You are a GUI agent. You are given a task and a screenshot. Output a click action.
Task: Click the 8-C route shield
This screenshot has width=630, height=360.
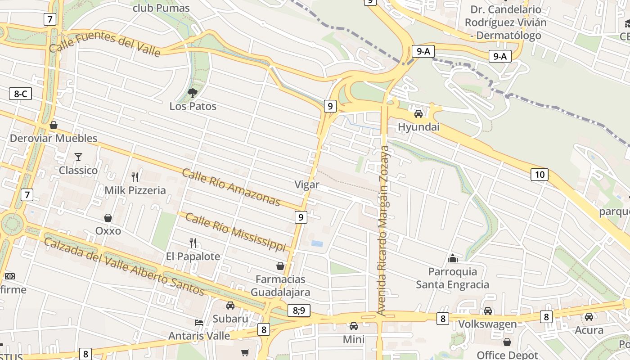20,94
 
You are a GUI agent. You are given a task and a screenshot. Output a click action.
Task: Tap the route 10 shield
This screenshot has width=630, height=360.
540,174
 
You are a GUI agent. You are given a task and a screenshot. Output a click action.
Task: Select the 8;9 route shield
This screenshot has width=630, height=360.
299,310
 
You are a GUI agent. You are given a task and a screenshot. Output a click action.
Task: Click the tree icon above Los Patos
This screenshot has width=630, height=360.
193,93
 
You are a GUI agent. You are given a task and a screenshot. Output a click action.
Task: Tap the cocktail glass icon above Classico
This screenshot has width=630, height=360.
78,157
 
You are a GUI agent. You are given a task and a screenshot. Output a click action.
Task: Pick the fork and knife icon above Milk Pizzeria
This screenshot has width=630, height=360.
135,177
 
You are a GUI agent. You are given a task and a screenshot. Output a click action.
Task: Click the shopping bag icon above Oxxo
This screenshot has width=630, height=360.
108,218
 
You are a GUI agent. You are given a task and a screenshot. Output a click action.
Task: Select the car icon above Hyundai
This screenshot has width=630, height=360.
418,113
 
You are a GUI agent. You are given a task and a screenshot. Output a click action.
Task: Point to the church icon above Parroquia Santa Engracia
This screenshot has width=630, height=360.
453,258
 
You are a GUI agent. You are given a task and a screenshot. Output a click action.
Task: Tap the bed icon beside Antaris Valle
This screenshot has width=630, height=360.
199,322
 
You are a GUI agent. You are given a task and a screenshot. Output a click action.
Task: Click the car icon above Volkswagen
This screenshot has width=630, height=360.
488,310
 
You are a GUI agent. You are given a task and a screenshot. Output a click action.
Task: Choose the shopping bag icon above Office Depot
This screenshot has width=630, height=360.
507,342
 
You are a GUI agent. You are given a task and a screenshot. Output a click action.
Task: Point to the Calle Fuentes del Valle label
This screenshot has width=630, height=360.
104,44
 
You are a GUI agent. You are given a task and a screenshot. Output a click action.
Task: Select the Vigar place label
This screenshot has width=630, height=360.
307,184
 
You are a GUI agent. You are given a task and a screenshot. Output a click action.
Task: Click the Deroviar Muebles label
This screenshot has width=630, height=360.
54,138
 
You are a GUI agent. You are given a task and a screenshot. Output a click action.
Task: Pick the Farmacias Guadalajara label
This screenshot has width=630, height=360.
280,286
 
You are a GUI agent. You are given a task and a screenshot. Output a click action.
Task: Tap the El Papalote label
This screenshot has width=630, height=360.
193,256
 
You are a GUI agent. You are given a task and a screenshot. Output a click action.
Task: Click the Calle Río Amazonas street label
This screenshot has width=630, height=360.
231,187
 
